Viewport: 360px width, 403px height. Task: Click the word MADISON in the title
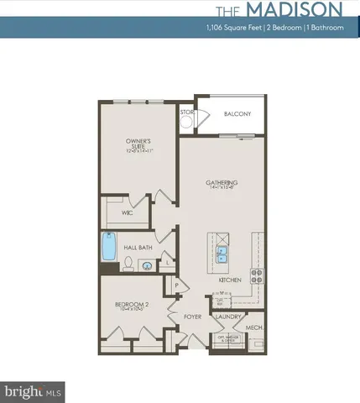pos(292,10)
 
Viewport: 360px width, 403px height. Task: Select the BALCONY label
pos(237,114)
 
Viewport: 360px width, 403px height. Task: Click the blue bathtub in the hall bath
pos(108,249)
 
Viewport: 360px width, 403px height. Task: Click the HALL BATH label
pos(137,249)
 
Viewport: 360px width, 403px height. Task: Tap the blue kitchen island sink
pos(224,254)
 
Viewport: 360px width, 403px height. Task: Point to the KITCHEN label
pos(230,279)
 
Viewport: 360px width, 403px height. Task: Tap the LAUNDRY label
pos(228,317)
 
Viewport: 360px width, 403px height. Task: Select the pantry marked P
pos(177,286)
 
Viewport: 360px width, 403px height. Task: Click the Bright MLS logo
pos(23,391)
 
